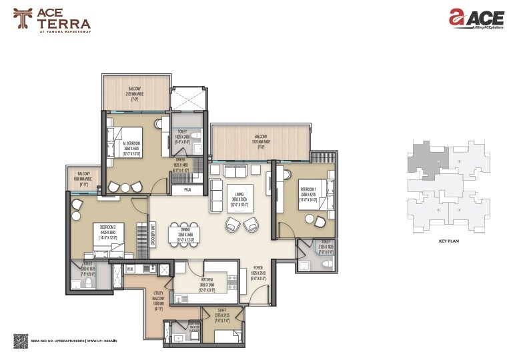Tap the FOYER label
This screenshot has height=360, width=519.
(259, 271)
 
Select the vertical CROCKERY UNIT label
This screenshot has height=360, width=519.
(153, 234)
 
